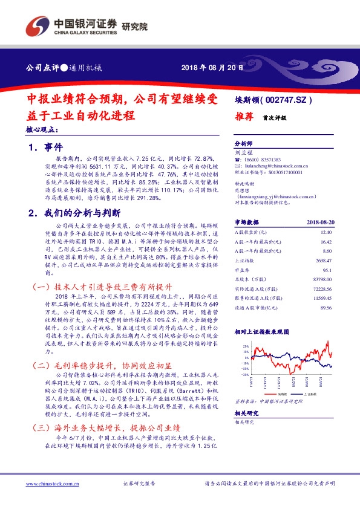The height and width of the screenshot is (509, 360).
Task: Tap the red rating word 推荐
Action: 243,119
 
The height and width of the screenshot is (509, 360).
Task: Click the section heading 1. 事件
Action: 45,147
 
